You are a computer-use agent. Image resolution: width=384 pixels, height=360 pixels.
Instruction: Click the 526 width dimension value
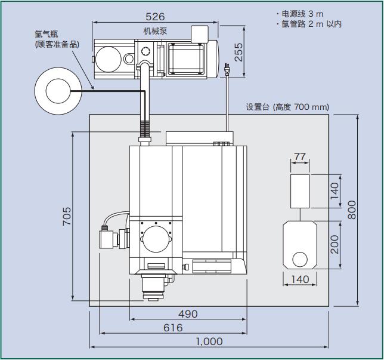[155, 17]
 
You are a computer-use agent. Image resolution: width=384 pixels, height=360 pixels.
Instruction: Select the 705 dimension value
[67, 216]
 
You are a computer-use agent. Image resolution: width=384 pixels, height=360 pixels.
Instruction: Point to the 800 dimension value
[352, 209]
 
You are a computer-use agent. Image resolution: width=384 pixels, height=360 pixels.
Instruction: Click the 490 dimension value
[188, 314]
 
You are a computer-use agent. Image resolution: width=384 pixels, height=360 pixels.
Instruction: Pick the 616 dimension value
[173, 328]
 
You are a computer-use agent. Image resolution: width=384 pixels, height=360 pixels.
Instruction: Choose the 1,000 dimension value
[209, 341]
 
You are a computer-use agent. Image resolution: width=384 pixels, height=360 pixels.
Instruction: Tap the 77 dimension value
[300, 157]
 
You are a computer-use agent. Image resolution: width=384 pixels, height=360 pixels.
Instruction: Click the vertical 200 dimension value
[335, 244]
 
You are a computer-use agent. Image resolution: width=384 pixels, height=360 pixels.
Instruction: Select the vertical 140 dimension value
[335, 190]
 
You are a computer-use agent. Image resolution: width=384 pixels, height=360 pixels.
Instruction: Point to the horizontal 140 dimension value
[300, 279]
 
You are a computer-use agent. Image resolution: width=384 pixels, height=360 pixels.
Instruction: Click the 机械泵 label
[155, 30]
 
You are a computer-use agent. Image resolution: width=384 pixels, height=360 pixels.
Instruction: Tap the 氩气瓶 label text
[46, 35]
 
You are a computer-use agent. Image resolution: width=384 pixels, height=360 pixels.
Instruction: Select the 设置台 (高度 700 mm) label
[287, 107]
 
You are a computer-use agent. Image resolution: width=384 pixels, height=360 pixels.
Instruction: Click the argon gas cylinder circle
[58, 91]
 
